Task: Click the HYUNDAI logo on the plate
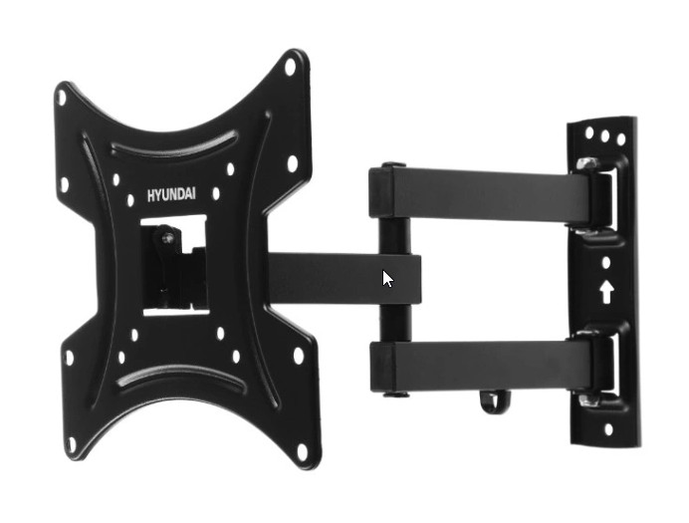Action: click(171, 194)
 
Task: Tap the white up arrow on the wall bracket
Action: click(606, 292)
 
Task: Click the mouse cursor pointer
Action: click(387, 279)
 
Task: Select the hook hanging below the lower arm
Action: click(495, 403)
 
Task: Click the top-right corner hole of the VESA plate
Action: click(290, 67)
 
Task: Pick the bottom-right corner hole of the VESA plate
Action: click(302, 451)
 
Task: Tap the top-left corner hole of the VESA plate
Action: click(62, 98)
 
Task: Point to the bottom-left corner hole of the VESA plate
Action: click(71, 444)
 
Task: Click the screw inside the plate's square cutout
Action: click(168, 239)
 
